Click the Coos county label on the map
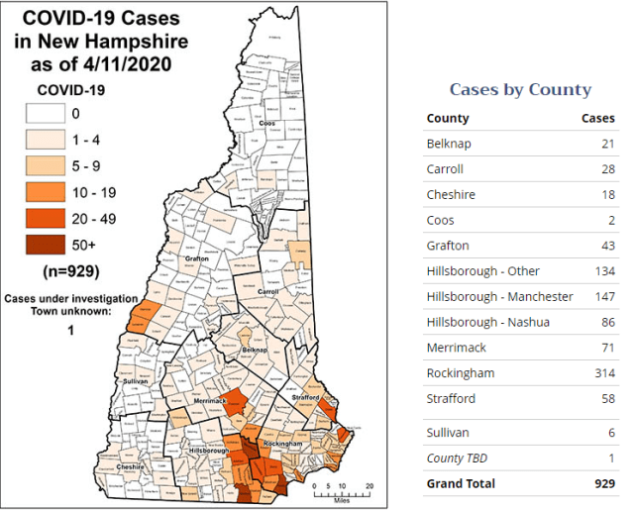coord(293,125)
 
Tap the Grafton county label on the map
coord(196,259)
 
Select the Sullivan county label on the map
coord(134,381)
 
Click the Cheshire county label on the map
coord(132,465)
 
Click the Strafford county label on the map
coord(306,397)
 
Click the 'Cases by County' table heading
coord(520,89)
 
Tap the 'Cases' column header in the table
coord(597,118)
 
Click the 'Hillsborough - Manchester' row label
coord(499,296)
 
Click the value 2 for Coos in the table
coord(610,220)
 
